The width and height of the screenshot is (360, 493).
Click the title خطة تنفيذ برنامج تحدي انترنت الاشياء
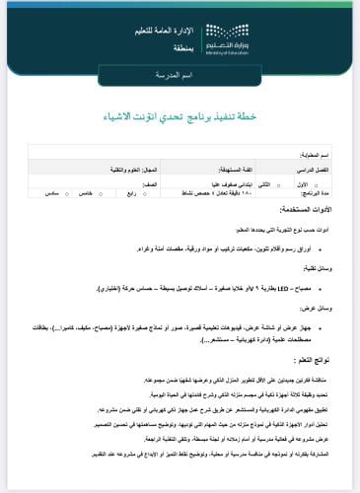tap(180, 115)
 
